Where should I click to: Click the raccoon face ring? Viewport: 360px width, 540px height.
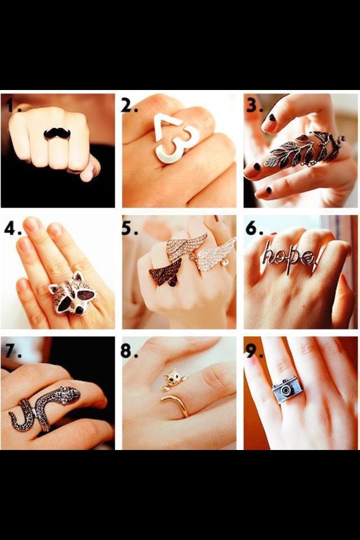73,294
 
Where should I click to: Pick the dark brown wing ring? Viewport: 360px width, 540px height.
166,273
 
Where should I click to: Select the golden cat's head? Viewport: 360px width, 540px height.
172,376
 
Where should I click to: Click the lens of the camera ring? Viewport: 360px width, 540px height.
286,390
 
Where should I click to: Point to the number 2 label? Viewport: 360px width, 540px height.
129,105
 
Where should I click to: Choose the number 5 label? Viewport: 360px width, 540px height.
129,227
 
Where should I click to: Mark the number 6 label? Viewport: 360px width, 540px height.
254,227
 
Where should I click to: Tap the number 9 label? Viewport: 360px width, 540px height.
254,350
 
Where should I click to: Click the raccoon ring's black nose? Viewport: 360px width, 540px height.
79,310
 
